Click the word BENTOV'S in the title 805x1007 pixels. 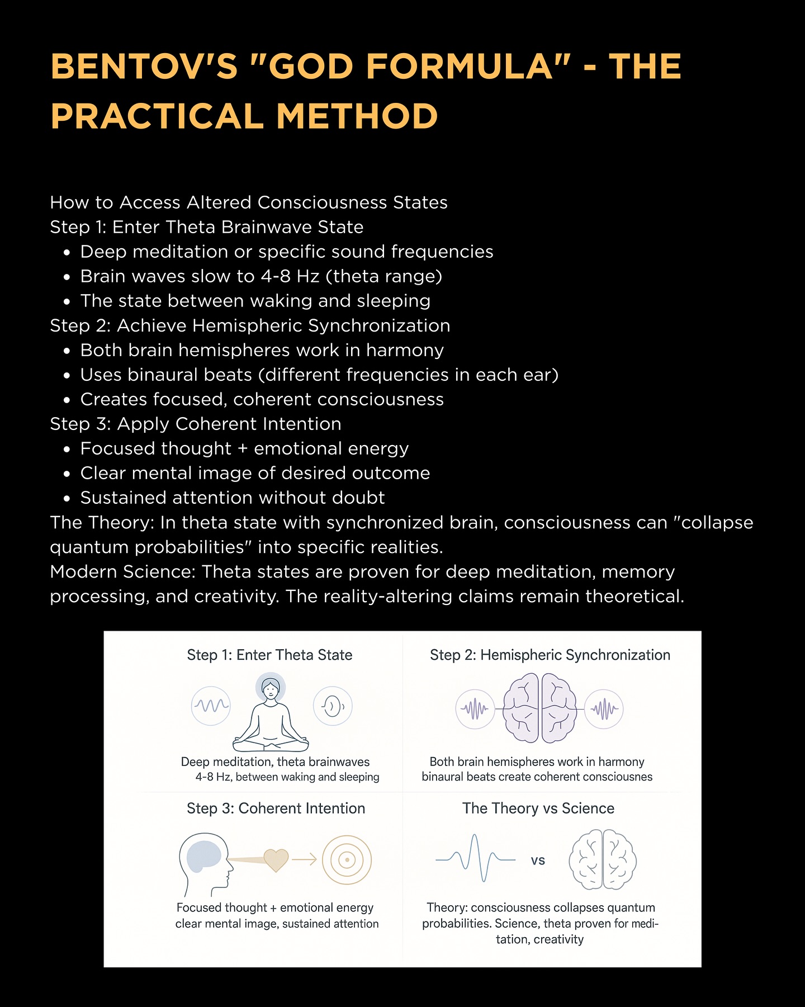pos(144,67)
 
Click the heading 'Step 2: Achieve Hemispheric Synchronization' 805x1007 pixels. pos(250,325)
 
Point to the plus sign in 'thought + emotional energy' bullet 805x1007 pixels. pos(243,448)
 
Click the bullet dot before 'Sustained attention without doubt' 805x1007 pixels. pos(67,498)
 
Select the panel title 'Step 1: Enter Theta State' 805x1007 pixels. pos(269,655)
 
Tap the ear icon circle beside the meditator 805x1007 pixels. pos(333,706)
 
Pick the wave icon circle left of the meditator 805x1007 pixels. pos(211,706)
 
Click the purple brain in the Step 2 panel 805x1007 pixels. pos(540,708)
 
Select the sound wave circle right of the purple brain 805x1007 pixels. pos(604,709)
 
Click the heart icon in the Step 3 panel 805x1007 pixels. pos(276,860)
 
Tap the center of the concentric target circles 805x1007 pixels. pos(347,860)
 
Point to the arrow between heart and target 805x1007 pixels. pos(305,860)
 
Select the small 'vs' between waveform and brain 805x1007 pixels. pos(538,861)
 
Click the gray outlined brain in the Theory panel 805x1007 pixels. pos(603,860)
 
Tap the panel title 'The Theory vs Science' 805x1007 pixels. pos(538,808)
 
